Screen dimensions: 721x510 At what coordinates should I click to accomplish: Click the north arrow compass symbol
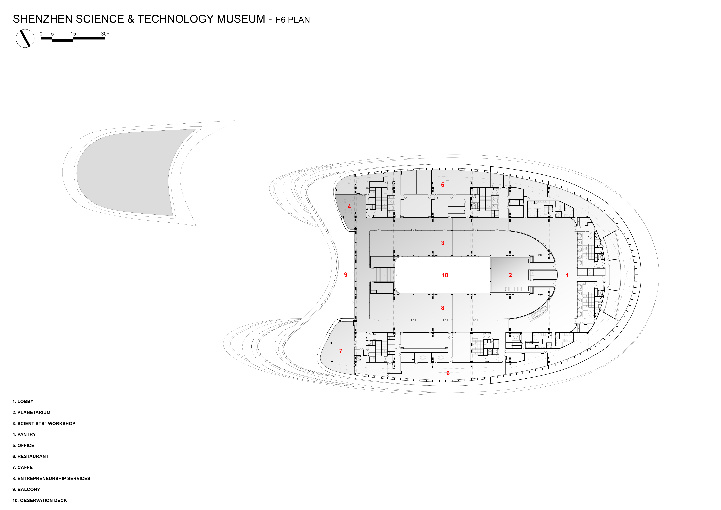click(25, 38)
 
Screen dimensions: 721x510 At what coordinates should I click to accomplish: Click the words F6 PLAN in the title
click(293, 20)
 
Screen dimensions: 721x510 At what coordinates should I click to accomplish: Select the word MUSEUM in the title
click(241, 19)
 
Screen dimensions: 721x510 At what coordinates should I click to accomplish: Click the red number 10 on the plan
click(445, 275)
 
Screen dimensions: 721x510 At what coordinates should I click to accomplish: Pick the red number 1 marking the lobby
click(567, 275)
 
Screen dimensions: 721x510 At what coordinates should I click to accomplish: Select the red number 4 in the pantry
click(349, 206)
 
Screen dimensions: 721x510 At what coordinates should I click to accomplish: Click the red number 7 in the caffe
click(341, 351)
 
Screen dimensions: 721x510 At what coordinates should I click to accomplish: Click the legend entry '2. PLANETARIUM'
click(31, 412)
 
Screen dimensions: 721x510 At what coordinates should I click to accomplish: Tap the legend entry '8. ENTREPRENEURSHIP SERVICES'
click(51, 478)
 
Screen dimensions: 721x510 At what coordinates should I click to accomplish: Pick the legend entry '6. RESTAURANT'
click(31, 456)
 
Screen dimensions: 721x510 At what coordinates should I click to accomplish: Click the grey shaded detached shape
click(126, 173)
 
